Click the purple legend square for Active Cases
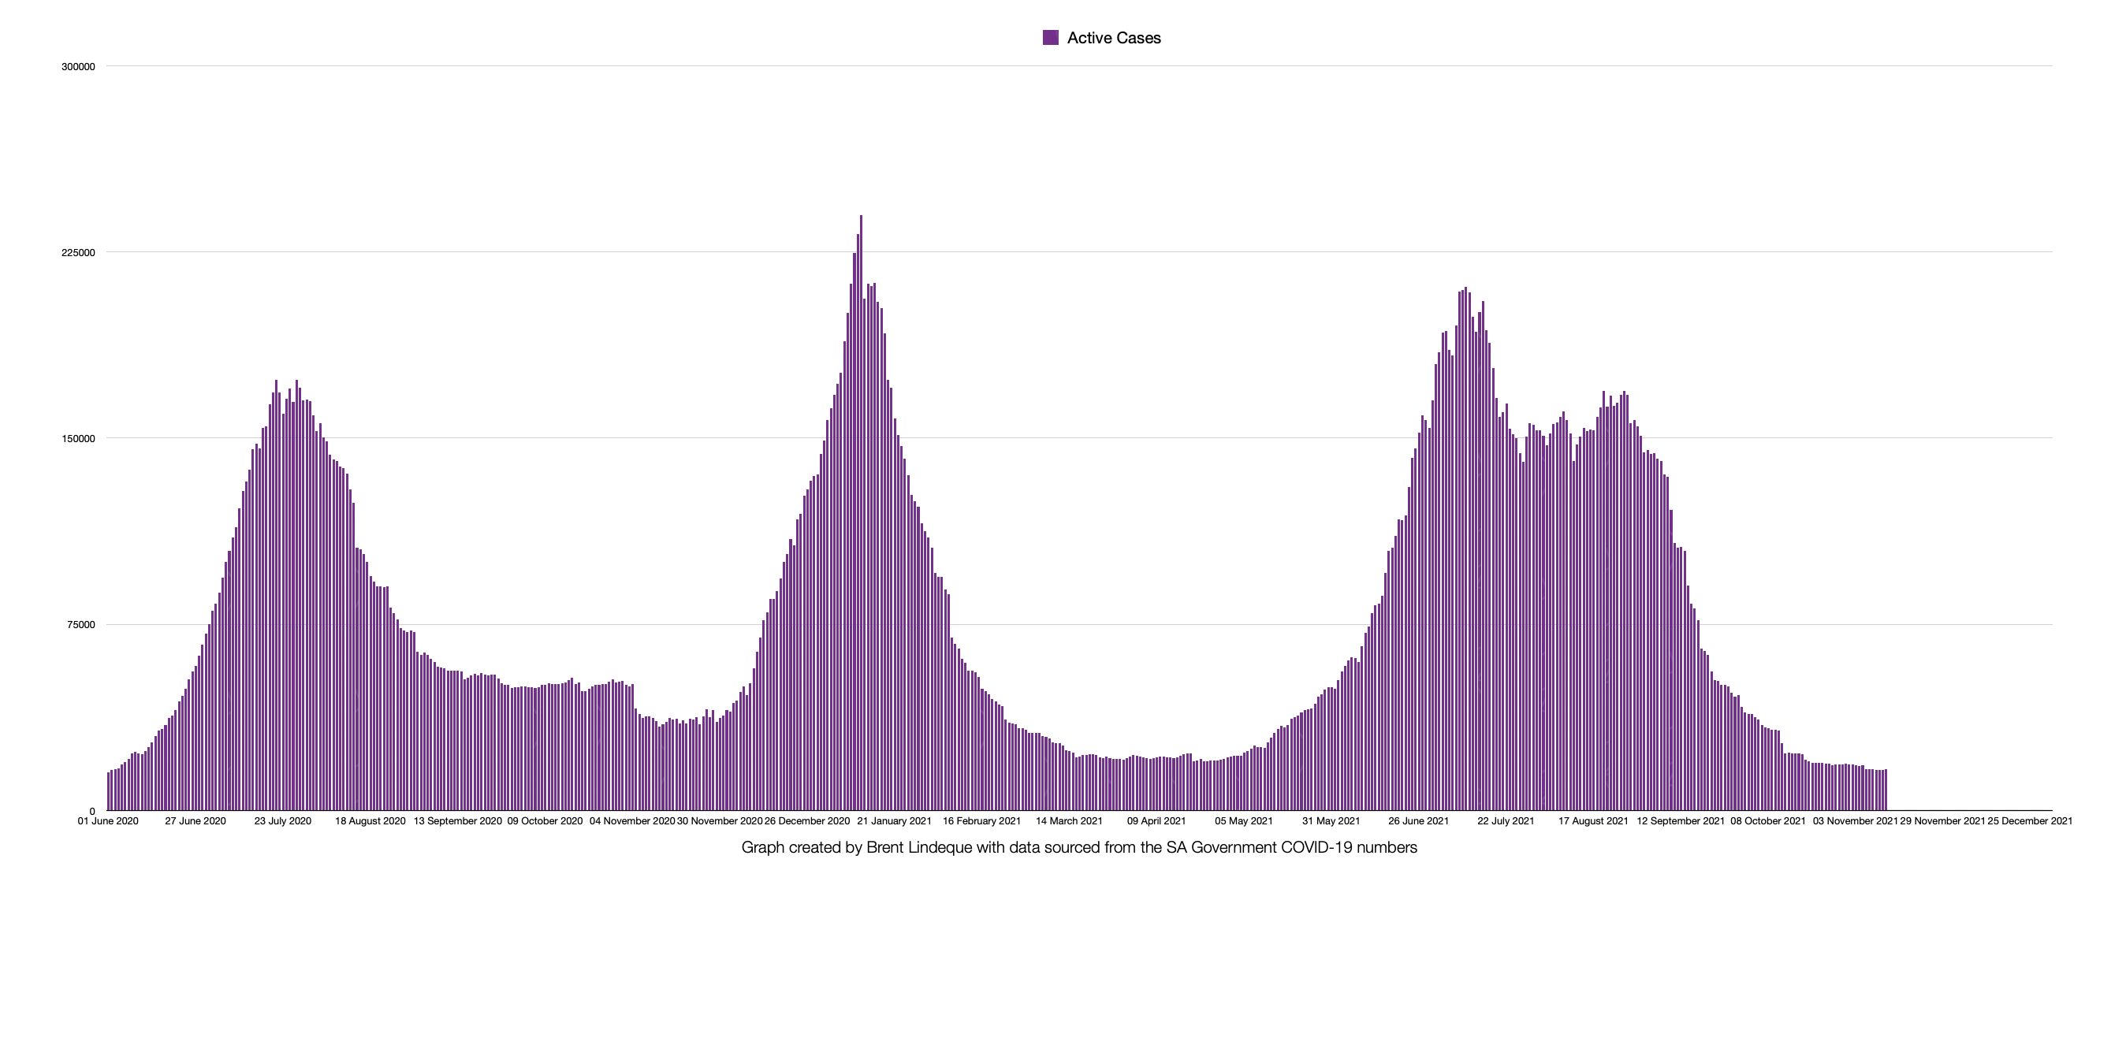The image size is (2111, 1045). tap(1050, 38)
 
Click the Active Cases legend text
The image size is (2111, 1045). tap(1114, 38)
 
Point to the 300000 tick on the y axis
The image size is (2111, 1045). tap(78, 67)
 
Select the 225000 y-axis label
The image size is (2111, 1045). tap(78, 253)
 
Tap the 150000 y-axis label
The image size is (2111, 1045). tap(78, 439)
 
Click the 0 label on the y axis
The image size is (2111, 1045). tap(91, 812)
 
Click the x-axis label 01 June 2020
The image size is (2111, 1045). tap(108, 821)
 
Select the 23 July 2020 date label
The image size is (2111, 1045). tap(283, 821)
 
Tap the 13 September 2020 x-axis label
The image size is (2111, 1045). tap(457, 821)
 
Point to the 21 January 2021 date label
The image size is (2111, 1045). tap(894, 821)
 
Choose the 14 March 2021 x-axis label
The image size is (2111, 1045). tap(1069, 821)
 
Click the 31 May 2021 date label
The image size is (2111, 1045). tap(1331, 821)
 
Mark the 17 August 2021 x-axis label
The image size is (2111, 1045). tap(1593, 821)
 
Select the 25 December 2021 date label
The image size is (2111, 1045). tap(2030, 821)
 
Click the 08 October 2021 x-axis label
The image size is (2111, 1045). tap(1767, 821)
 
